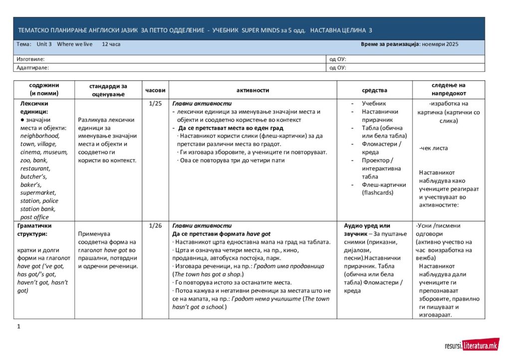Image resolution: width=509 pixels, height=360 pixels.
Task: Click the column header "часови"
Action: point(155,90)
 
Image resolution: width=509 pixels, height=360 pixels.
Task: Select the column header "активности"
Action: point(253,90)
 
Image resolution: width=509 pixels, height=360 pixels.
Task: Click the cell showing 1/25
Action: point(155,103)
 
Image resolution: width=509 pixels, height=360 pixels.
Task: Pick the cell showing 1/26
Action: point(155,226)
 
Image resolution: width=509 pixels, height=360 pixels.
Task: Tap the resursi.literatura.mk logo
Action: point(472,345)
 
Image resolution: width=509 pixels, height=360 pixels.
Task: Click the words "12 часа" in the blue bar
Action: point(111,44)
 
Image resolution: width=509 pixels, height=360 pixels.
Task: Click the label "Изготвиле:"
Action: point(30,59)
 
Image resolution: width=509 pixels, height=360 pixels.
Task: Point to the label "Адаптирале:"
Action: point(32,67)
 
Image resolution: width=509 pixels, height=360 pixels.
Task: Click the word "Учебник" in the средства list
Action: point(374,103)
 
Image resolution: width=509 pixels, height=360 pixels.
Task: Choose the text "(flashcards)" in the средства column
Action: point(378,193)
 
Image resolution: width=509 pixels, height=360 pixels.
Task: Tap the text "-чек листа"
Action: point(434,148)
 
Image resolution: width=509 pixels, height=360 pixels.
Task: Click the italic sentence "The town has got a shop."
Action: point(208,274)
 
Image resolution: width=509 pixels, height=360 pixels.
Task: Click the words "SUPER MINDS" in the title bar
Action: point(260,30)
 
